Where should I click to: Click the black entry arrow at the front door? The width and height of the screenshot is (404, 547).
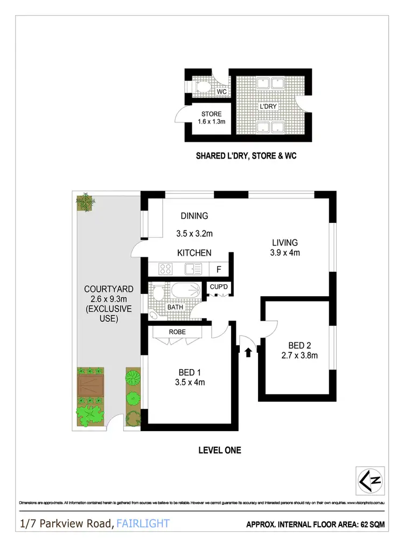click(x=248, y=353)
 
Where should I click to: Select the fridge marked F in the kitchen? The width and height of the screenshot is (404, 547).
click(x=219, y=268)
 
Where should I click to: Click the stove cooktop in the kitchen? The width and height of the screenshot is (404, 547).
click(x=165, y=268)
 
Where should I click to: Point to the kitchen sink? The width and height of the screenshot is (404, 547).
click(x=192, y=268)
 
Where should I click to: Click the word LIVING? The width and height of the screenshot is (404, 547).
click(x=285, y=243)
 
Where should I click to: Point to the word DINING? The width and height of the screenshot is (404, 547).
click(x=194, y=216)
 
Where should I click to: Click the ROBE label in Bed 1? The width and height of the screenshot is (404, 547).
click(x=177, y=332)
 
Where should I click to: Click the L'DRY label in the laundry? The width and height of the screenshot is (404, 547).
click(x=268, y=107)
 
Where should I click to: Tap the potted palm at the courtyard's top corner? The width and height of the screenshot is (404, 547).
click(x=85, y=202)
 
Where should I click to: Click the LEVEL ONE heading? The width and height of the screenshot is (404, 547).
click(x=219, y=449)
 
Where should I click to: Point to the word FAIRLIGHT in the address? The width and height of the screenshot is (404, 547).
click(x=143, y=523)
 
